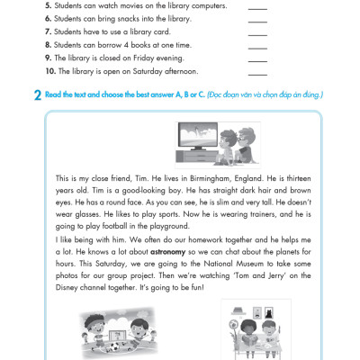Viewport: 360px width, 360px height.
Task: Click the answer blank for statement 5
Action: [257, 9]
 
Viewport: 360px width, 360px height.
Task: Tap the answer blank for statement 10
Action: [257, 75]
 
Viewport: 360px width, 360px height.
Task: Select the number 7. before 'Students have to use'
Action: [49, 31]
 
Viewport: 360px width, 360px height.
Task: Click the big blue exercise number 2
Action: [38, 95]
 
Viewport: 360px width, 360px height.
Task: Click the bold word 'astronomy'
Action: [167, 252]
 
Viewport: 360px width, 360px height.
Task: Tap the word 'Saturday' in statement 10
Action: [148, 71]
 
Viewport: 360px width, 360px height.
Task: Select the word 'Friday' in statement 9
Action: [143, 58]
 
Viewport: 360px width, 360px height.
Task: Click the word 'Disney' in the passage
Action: [67, 288]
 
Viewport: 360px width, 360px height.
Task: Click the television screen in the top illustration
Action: [198, 134]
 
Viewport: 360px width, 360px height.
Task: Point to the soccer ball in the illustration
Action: [114, 347]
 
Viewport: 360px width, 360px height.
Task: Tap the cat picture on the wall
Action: [268, 313]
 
